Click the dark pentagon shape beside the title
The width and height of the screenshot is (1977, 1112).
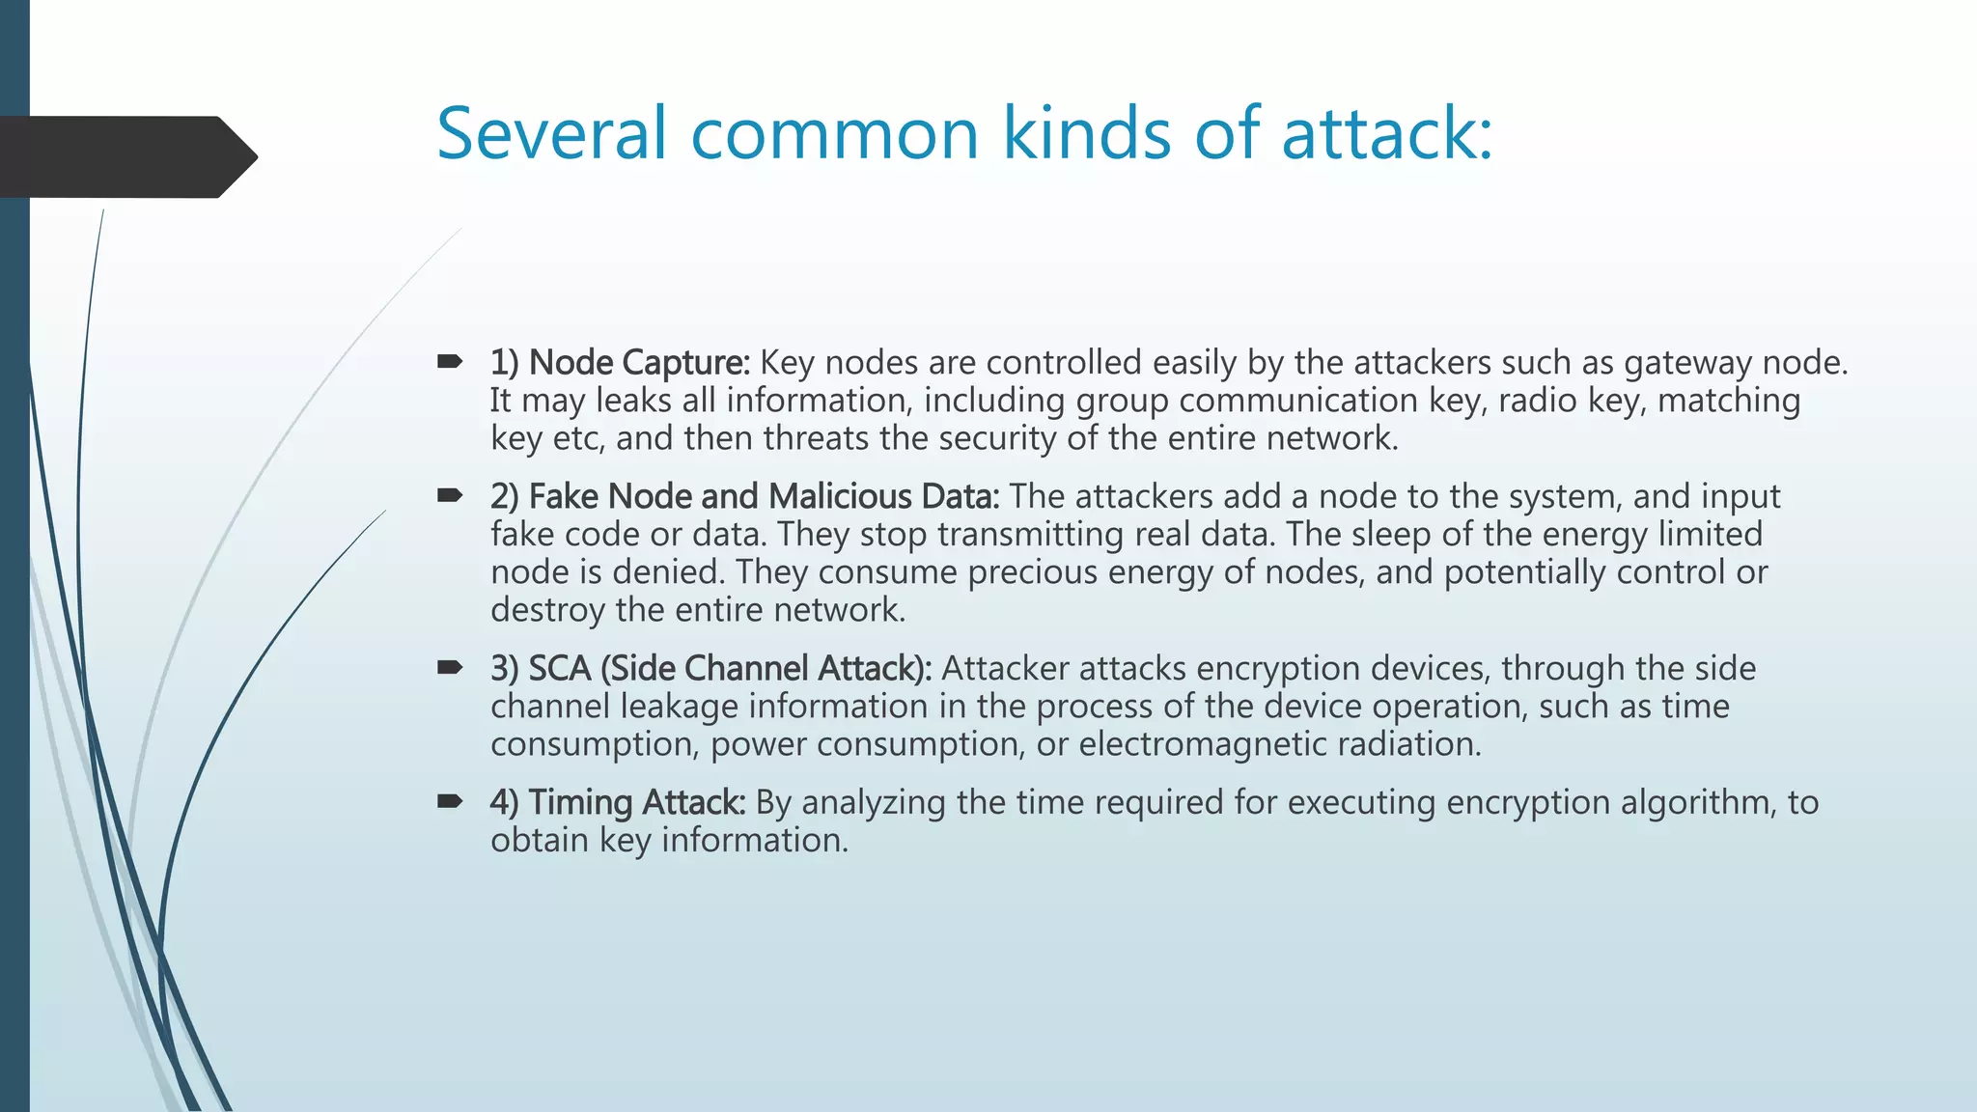125,156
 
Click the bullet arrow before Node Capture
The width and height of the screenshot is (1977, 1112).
450,363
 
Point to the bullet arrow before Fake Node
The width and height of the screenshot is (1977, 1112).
450,496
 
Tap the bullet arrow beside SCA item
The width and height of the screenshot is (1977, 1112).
450,668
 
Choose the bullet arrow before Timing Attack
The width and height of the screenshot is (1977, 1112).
450,801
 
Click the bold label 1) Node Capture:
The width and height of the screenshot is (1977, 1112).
620,363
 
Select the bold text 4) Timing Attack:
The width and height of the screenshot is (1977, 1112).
618,802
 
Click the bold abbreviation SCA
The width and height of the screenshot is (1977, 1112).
560,668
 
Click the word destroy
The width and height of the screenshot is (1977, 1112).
547,610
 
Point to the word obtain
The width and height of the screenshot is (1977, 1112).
539,840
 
